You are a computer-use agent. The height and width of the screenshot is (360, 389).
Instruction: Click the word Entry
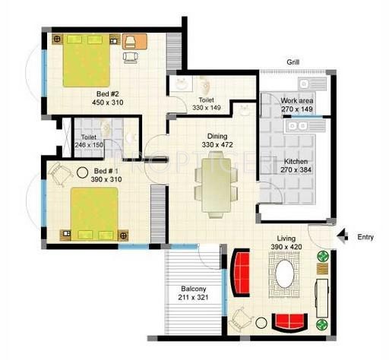(x=365, y=237)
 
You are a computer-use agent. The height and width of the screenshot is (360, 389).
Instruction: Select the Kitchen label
(x=296, y=162)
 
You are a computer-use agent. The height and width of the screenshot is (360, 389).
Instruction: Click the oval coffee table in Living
(x=284, y=273)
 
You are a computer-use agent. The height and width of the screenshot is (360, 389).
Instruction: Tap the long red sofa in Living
(x=241, y=274)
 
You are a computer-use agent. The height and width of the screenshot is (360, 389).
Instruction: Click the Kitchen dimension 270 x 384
(x=296, y=172)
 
